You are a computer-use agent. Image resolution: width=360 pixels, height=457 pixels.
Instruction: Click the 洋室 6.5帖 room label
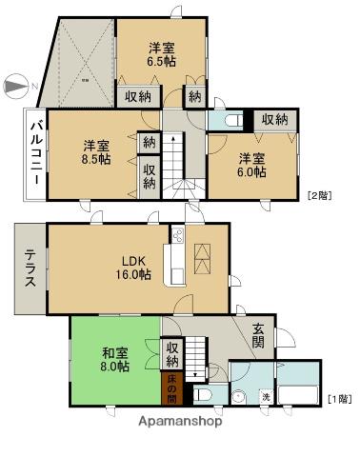pos(160,53)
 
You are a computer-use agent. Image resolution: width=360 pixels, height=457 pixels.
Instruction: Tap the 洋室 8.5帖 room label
pos(94,152)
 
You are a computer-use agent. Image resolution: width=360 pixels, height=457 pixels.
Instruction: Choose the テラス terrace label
pos(29,268)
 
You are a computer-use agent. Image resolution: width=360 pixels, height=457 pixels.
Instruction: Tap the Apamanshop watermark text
pos(180,420)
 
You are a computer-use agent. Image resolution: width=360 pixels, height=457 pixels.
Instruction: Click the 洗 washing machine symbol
pos(266,395)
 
